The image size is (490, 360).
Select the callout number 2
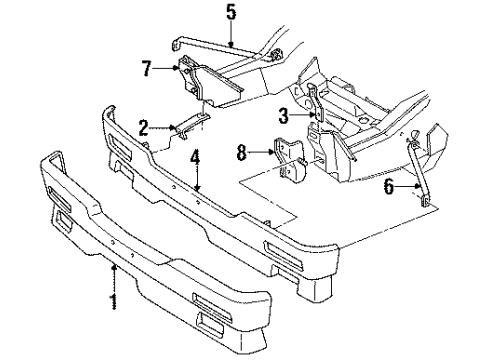(x=144, y=127)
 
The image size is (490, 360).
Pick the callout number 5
(x=230, y=14)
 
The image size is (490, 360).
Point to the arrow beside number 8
(x=264, y=152)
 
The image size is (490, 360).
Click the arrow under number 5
(x=230, y=35)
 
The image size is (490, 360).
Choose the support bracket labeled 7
(x=205, y=80)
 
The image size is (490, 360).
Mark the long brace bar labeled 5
(x=215, y=50)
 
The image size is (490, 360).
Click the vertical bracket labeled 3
(x=312, y=108)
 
